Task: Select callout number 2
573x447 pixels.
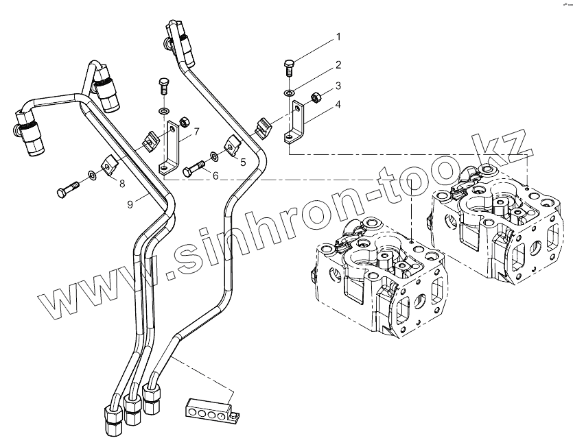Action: [x=338, y=65]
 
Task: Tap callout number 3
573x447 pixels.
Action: [x=338, y=88]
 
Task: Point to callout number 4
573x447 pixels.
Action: [x=338, y=104]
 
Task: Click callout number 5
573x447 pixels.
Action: [x=242, y=162]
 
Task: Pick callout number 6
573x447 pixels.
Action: [x=215, y=176]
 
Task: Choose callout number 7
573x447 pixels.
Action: [x=196, y=131]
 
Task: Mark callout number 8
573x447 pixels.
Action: [x=122, y=183]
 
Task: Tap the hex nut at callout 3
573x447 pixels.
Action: [x=317, y=96]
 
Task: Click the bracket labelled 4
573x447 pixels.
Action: [x=295, y=123]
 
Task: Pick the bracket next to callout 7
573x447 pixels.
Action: [x=172, y=147]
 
